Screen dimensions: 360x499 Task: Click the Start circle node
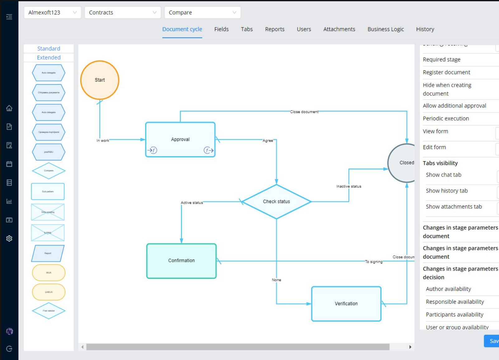click(100, 80)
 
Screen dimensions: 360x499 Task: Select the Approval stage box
click(180, 139)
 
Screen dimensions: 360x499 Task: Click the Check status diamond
click(276, 201)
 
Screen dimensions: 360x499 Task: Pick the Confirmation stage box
click(181, 261)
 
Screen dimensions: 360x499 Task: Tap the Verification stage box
click(346, 304)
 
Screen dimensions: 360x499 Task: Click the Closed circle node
click(403, 163)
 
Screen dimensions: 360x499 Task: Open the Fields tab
click(221, 29)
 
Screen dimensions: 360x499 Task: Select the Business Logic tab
click(385, 29)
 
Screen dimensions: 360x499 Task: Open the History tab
click(425, 29)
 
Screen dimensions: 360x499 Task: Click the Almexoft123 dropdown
click(52, 12)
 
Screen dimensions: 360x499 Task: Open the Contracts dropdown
click(122, 12)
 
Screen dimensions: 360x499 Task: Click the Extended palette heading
click(49, 58)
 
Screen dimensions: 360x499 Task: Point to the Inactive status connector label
click(349, 186)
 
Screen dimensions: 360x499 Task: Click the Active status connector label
click(192, 203)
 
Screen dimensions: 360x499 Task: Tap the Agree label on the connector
click(267, 141)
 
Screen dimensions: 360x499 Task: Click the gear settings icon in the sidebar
click(9, 239)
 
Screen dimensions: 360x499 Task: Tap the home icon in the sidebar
click(9, 108)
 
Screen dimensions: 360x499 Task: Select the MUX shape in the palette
click(49, 273)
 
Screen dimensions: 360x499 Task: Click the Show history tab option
click(446, 191)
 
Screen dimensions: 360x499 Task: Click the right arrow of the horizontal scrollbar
click(410, 347)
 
